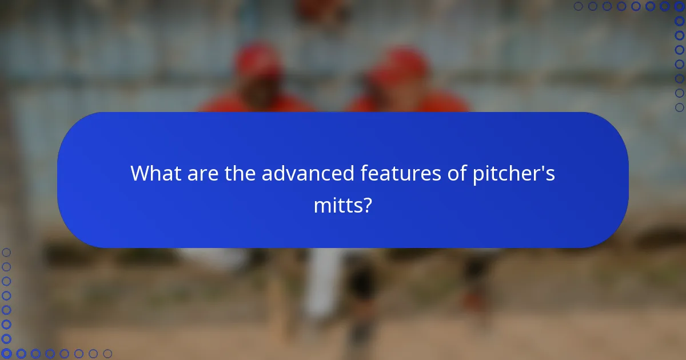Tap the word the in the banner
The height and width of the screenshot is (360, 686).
click(x=240, y=173)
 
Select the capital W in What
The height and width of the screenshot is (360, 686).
click(x=141, y=173)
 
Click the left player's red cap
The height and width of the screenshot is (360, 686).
click(x=258, y=60)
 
